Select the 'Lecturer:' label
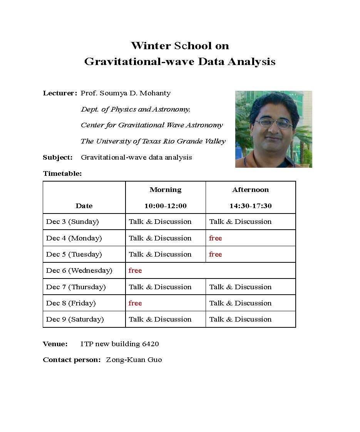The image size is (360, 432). point(60,93)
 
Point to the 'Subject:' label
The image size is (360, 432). point(58,157)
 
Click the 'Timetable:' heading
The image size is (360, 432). point(62,173)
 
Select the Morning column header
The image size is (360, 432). point(166,190)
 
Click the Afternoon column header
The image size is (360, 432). point(251,190)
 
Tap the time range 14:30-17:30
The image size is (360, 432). point(251,206)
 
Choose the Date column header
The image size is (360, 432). point(84,206)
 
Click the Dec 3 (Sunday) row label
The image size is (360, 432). point(72,222)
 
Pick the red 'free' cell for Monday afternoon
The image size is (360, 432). point(216,238)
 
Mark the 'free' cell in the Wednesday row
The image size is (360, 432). point(135,270)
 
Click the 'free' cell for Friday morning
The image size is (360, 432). point(135,303)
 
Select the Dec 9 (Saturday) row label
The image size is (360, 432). point(75,319)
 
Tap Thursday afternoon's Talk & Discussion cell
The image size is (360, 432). point(240,287)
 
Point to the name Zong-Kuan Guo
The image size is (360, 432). point(134,360)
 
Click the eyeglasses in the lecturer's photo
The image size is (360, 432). point(274,123)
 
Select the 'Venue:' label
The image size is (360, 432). point(55,344)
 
